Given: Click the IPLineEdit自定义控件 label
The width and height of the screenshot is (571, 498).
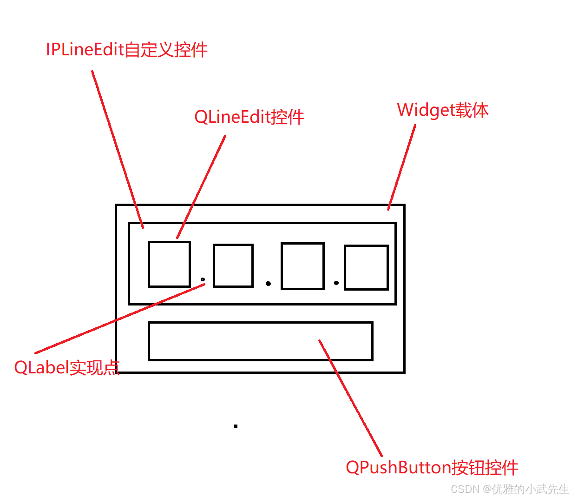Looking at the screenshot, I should point(126,50).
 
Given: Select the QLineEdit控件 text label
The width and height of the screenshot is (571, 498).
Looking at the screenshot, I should point(249,117).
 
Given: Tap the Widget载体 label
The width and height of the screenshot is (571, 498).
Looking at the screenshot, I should point(442,110).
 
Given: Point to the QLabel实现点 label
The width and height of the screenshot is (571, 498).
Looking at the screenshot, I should point(67,367).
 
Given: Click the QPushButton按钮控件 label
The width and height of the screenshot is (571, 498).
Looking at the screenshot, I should point(432,467).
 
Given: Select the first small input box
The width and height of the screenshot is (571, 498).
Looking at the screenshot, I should point(169,264).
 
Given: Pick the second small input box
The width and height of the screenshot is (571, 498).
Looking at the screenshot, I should point(233,266).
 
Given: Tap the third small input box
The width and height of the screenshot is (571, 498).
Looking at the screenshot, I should point(302,266).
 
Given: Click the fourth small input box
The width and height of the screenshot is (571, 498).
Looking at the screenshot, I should point(366,267).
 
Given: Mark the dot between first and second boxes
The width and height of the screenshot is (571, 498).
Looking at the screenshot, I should point(203,279).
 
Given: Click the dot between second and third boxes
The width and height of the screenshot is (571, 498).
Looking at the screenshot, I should point(268,283).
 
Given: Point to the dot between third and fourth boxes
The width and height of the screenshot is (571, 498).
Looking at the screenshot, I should point(336,283).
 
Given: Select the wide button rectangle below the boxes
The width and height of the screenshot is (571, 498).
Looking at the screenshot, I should point(260,341).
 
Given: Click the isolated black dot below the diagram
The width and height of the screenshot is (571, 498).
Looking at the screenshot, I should point(236,426).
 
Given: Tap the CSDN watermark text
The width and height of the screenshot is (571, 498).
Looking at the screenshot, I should point(510,489).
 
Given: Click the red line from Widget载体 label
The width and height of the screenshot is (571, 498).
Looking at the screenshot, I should point(402,167).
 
